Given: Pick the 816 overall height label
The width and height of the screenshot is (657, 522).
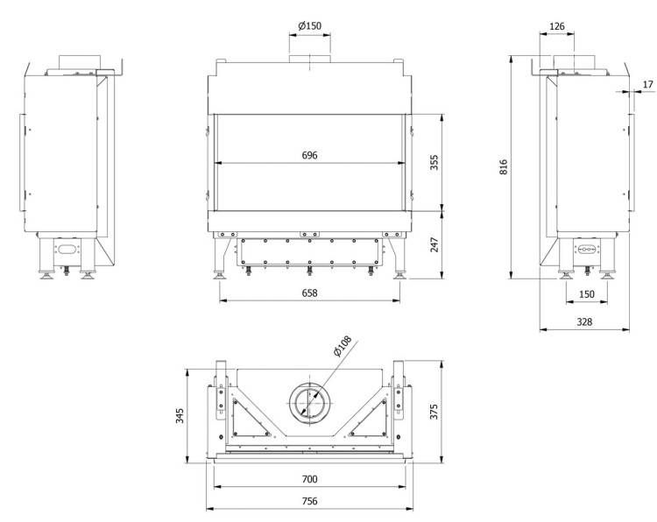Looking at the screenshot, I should point(503,167).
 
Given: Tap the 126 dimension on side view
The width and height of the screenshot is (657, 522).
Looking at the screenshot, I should point(555,26).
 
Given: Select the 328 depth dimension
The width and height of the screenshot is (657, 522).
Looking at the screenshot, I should point(584,321).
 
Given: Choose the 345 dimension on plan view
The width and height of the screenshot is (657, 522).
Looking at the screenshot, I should point(180,415).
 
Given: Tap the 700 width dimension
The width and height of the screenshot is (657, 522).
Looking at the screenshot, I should point(308,478).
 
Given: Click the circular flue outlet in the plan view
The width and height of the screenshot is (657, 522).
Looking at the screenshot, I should point(308,402).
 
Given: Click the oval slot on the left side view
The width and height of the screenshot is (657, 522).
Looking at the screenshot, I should point(66,250).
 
